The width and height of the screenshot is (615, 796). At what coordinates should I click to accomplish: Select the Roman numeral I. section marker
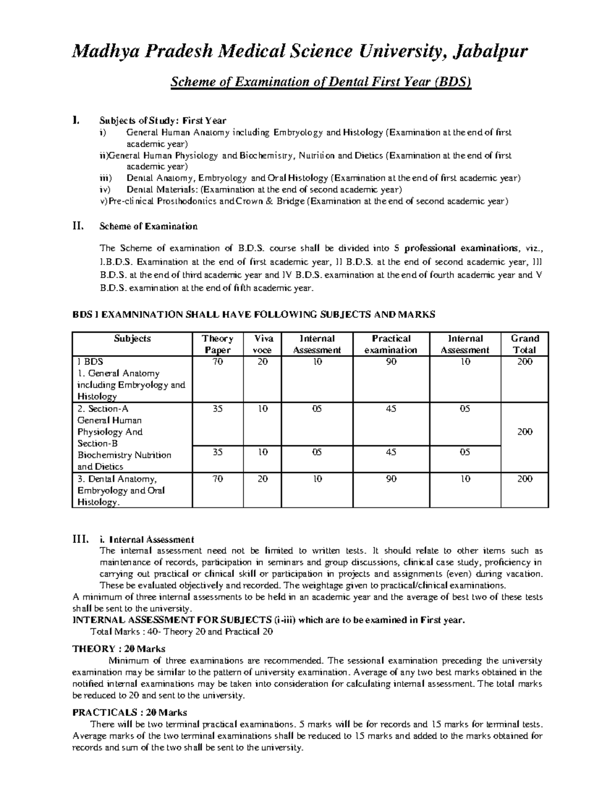[x=76, y=120]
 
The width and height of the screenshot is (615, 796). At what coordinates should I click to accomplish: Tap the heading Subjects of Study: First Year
[x=162, y=121]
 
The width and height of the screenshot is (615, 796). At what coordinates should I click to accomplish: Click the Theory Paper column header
[x=218, y=344]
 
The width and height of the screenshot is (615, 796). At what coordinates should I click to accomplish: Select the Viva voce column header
[x=264, y=344]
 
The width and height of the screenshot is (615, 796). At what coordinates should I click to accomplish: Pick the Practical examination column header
[x=391, y=344]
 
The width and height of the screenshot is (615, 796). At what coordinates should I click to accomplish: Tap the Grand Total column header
[x=525, y=344]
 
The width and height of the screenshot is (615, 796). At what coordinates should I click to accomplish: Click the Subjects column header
[x=132, y=338]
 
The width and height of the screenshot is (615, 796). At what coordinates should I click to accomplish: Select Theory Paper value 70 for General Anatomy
[x=218, y=362]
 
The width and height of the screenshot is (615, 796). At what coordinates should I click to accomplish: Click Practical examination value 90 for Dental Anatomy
[x=391, y=479]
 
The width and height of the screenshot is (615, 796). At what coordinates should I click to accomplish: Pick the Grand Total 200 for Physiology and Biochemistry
[x=525, y=432]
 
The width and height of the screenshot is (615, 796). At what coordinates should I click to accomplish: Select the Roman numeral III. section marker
[x=80, y=539]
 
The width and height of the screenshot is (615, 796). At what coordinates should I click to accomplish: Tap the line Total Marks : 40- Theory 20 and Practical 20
[x=181, y=631]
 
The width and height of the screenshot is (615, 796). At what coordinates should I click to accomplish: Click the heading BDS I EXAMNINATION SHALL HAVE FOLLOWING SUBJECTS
[x=254, y=315]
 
